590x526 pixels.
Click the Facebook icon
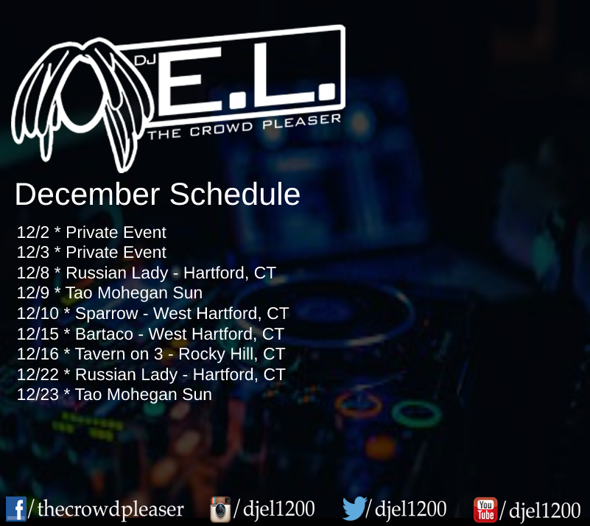point(15,509)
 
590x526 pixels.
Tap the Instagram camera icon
point(220,510)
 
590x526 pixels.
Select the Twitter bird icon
point(354,508)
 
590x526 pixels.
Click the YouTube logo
point(485,510)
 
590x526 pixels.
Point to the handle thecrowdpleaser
point(110,509)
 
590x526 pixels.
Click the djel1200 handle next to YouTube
point(544,511)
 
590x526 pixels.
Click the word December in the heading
point(88,194)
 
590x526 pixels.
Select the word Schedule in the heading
point(235,194)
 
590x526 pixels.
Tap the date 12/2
point(33,233)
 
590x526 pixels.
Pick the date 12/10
point(38,313)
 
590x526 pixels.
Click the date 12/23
point(38,395)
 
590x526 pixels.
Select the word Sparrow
point(107,314)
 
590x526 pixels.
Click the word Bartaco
point(105,334)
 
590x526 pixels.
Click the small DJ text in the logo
point(145,60)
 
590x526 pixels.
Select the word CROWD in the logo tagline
point(221,129)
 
